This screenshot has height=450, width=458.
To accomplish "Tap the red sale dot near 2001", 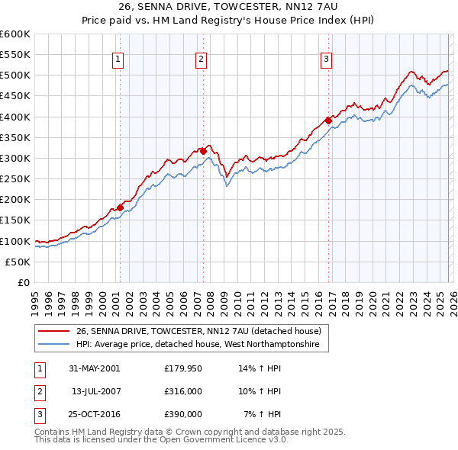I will pyautogui.click(x=120, y=207).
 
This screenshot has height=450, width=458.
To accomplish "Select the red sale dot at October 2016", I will pyautogui.click(x=327, y=121).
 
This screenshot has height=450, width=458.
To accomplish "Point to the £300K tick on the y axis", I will pyautogui.click(x=16, y=158).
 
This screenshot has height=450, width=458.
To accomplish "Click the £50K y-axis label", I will pyautogui.click(x=19, y=262).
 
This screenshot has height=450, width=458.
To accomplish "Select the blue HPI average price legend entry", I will pyautogui.click(x=202, y=345).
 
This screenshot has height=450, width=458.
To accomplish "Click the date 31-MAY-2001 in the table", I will pyautogui.click(x=94, y=368).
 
